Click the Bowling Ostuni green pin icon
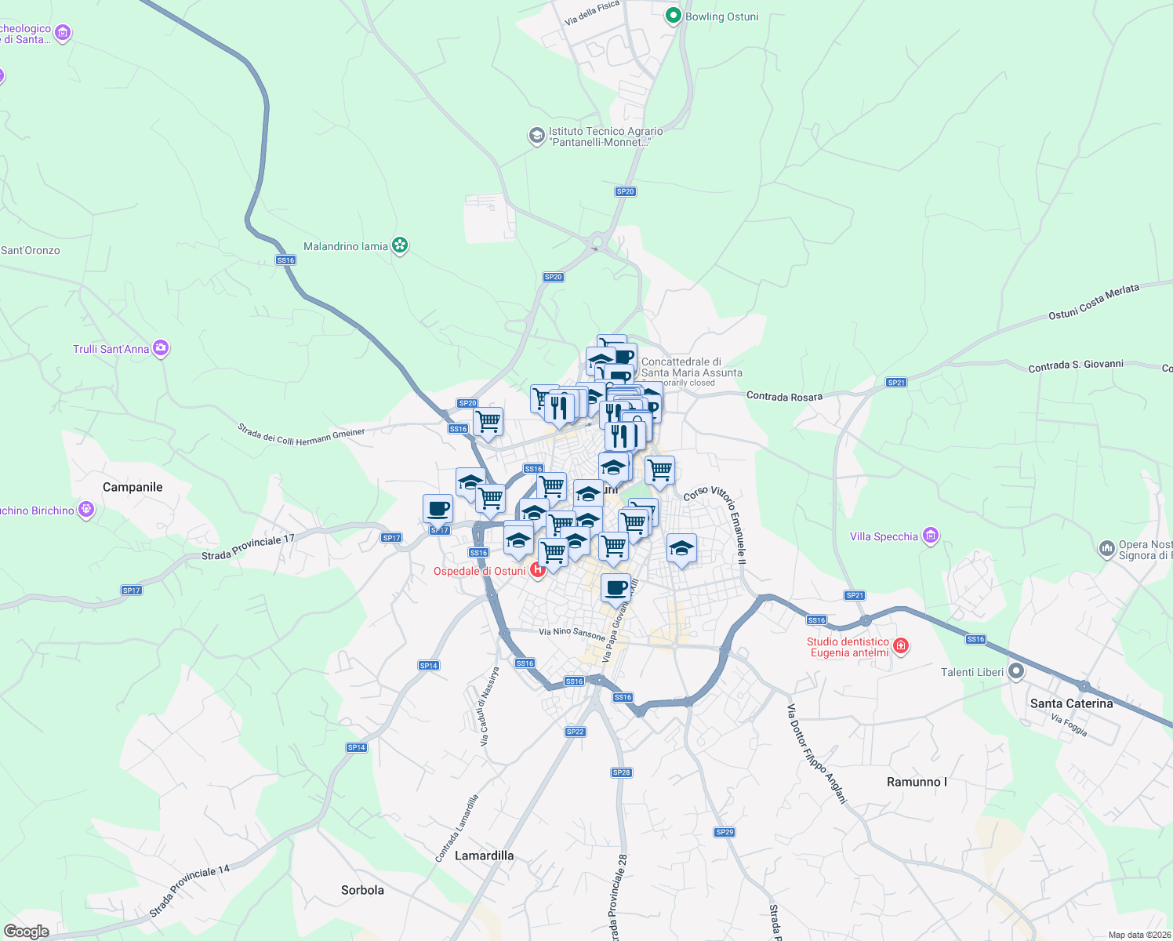pyautogui.click(x=673, y=16)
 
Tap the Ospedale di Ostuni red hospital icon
pyautogui.click(x=538, y=570)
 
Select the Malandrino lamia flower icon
pyautogui.click(x=400, y=246)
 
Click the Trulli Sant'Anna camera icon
pyautogui.click(x=161, y=348)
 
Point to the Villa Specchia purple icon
pyautogui.click(x=930, y=536)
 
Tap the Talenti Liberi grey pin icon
pyautogui.click(x=1016, y=671)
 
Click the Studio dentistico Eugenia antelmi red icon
pyautogui.click(x=901, y=646)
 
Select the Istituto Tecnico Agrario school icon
pyautogui.click(x=536, y=136)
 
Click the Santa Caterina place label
pyautogui.click(x=1071, y=703)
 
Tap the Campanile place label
pyautogui.click(x=133, y=487)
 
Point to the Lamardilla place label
pyautogui.click(x=484, y=856)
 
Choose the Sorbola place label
pyautogui.click(x=362, y=890)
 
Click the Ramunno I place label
pyautogui.click(x=917, y=782)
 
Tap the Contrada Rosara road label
pyautogui.click(x=784, y=396)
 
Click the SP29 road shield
pyautogui.click(x=724, y=832)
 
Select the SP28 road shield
pyautogui.click(x=622, y=772)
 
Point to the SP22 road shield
pyautogui.click(x=575, y=732)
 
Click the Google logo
pyautogui.click(x=26, y=931)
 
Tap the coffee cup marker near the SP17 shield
pyautogui.click(x=438, y=509)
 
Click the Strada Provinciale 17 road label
pyautogui.click(x=248, y=547)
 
